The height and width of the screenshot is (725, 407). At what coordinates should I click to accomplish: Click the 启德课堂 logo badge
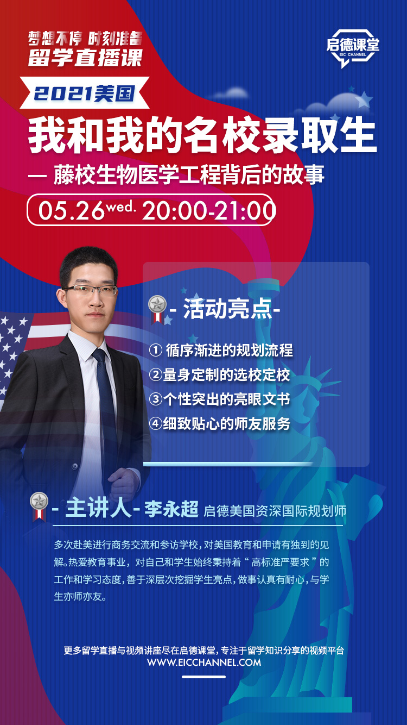[x=353, y=47]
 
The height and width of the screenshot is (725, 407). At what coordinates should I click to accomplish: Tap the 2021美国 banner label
[x=85, y=93]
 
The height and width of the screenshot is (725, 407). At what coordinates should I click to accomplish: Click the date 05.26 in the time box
[x=72, y=211]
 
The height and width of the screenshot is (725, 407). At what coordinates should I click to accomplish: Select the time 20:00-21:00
[x=209, y=211]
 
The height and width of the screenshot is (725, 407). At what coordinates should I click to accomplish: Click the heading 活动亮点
[x=227, y=309]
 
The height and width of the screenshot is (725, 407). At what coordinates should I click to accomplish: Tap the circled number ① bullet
[x=156, y=350]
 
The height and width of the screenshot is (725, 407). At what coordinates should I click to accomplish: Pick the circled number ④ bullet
[x=156, y=423]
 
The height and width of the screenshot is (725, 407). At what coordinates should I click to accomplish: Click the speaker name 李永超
[x=171, y=509]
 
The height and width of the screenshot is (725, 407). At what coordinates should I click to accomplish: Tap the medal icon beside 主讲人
[x=39, y=507]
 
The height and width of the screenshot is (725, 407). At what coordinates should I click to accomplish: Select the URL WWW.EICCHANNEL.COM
[x=204, y=662]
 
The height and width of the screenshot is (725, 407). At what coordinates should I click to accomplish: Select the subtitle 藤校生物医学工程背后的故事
[x=189, y=176]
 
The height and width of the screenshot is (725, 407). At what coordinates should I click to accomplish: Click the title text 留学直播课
[x=85, y=58]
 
